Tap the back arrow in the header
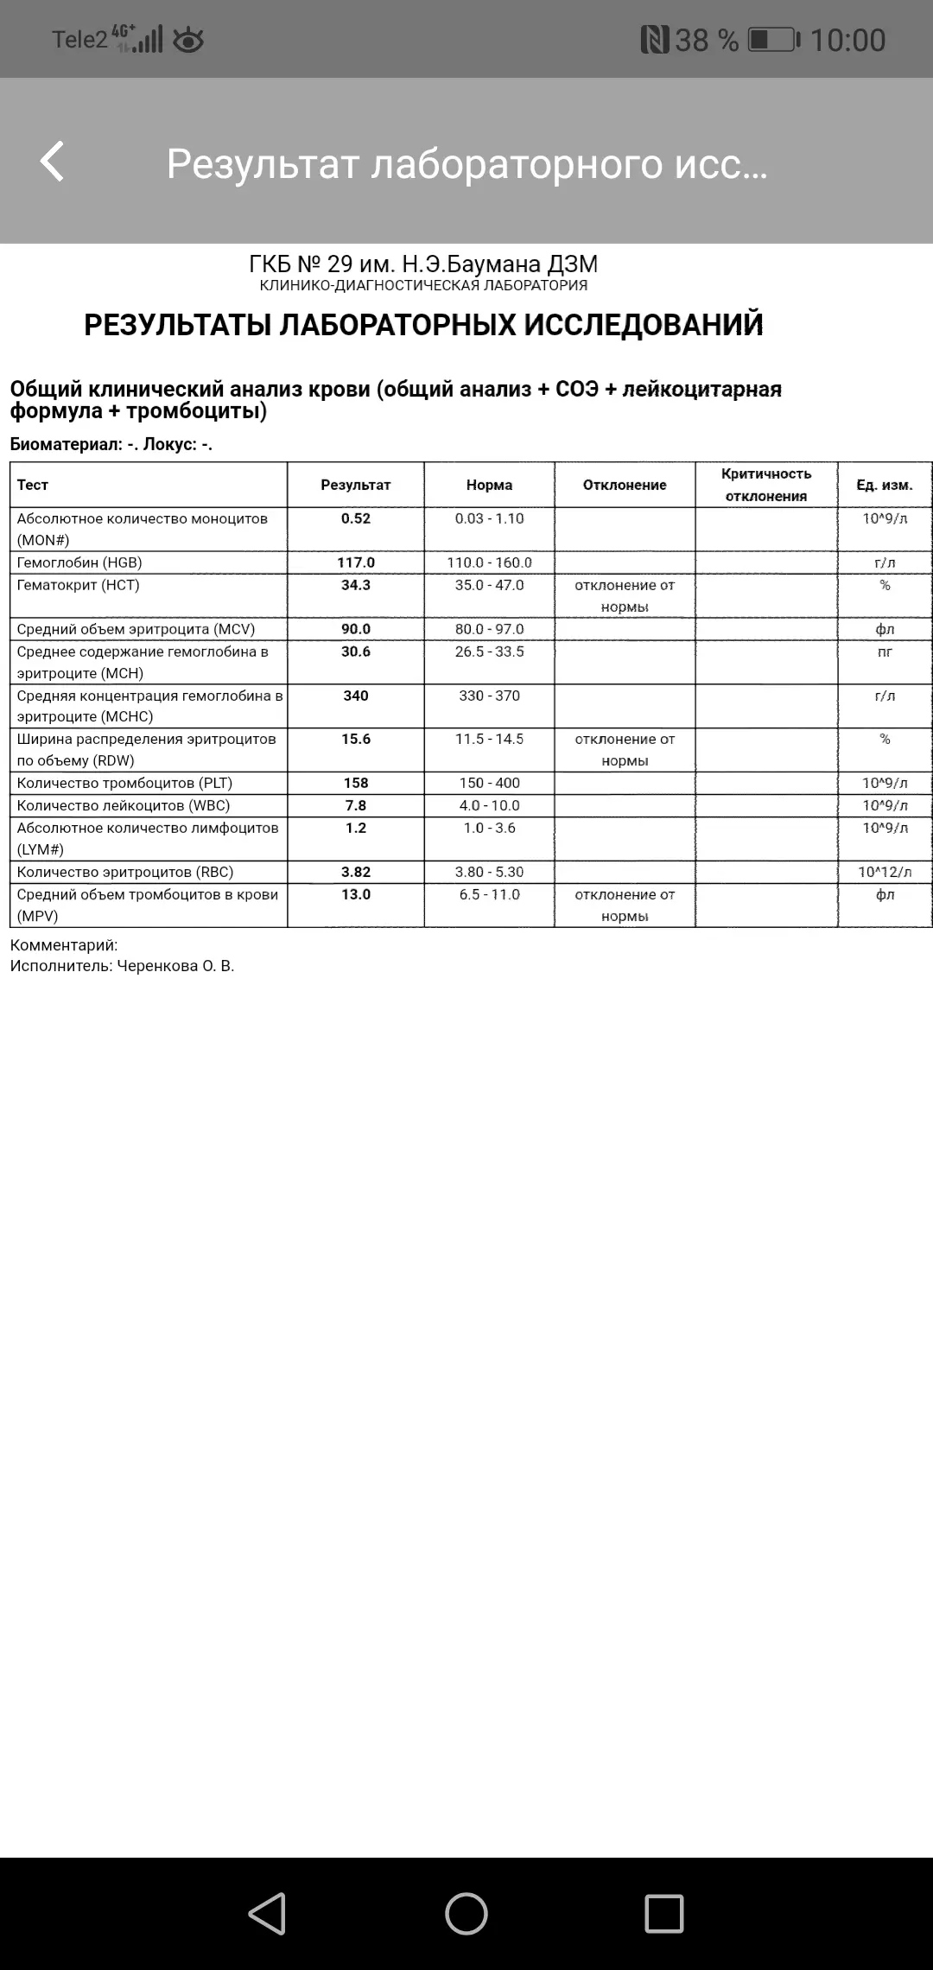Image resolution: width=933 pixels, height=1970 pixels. point(53,162)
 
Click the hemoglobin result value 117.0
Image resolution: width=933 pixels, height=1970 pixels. point(356,562)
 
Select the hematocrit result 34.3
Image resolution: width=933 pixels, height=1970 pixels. point(356,585)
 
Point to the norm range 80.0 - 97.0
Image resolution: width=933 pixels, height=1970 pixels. point(490,629)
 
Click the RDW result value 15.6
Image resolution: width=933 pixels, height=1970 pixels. point(356,739)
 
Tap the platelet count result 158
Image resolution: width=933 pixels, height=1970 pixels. point(356,783)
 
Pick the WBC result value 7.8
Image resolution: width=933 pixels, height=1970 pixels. point(356,805)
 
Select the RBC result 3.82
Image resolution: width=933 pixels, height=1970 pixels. point(356,872)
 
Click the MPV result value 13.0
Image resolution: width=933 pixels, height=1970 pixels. point(356,894)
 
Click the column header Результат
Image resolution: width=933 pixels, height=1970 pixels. point(356,485)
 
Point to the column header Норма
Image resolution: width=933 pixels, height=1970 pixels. point(490,485)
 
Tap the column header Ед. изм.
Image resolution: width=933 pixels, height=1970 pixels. point(885,485)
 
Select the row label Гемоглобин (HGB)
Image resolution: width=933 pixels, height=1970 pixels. point(79,562)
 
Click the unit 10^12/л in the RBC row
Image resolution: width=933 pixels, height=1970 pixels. point(885,872)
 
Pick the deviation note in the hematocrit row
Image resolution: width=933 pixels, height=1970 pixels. point(625,595)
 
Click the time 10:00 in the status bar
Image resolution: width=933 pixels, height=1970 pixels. point(847,40)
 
